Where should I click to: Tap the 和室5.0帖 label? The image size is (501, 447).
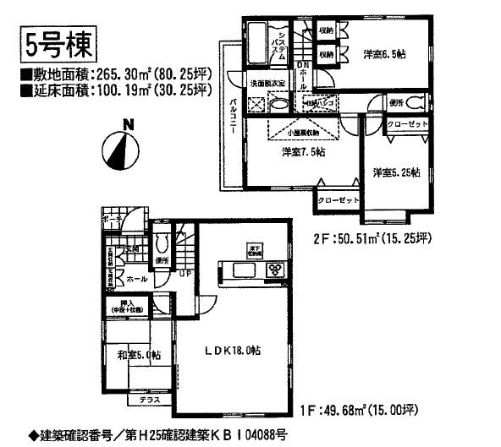pyautogui.click(x=135, y=355)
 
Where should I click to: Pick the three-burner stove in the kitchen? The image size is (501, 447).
pyautogui.click(x=277, y=270)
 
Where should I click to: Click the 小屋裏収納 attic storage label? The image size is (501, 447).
pyautogui.click(x=302, y=132)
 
